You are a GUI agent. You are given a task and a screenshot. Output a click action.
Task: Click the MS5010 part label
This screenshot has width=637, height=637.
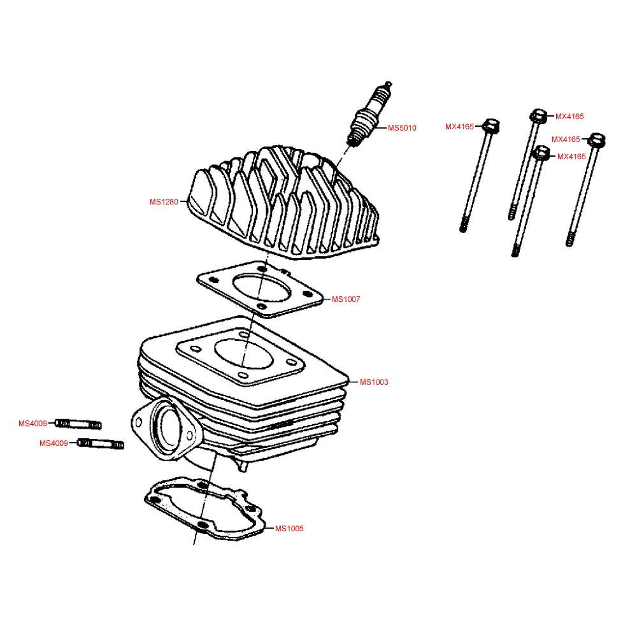pyautogui.click(x=402, y=128)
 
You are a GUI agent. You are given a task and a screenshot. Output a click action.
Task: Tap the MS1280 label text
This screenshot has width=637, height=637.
pyautogui.click(x=164, y=202)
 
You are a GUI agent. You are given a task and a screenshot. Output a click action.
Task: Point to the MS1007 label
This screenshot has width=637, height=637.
pyautogui.click(x=346, y=299)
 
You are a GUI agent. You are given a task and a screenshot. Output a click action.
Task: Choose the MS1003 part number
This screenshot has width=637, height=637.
pyautogui.click(x=374, y=382)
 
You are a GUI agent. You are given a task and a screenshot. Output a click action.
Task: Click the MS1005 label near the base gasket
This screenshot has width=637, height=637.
pyautogui.click(x=289, y=528)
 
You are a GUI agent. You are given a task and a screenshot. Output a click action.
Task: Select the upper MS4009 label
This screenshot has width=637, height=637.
pyautogui.click(x=32, y=423)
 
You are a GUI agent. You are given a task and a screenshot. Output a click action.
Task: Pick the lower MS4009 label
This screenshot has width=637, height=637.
pyautogui.click(x=54, y=443)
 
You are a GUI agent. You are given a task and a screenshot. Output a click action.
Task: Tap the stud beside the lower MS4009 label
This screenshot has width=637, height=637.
pyautogui.click(x=100, y=444)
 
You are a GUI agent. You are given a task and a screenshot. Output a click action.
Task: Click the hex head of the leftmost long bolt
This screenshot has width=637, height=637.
pyautogui.click(x=490, y=125)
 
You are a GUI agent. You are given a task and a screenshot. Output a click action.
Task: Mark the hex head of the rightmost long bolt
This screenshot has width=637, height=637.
pyautogui.click(x=597, y=139)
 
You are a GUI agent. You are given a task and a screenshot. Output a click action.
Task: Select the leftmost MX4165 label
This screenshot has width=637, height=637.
pyautogui.click(x=459, y=126)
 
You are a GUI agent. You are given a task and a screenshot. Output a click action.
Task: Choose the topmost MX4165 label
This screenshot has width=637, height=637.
pyautogui.click(x=569, y=117)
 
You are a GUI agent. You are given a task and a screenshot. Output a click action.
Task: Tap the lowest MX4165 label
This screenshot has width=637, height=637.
pyautogui.click(x=571, y=156)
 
